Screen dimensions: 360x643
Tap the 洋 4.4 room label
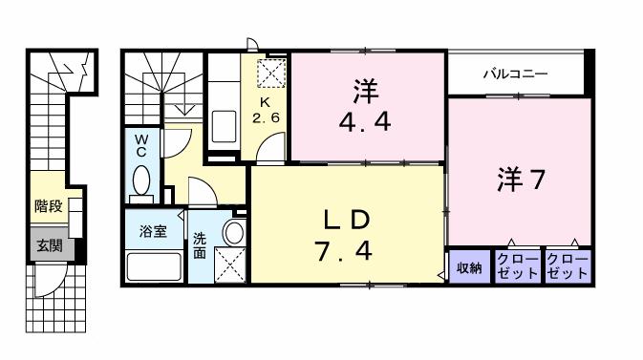[366, 107]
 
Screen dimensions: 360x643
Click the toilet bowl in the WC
[141, 180]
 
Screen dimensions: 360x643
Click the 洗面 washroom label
[200, 245]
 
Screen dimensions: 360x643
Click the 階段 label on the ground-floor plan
[49, 205]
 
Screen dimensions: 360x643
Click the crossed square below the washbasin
[230, 265]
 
